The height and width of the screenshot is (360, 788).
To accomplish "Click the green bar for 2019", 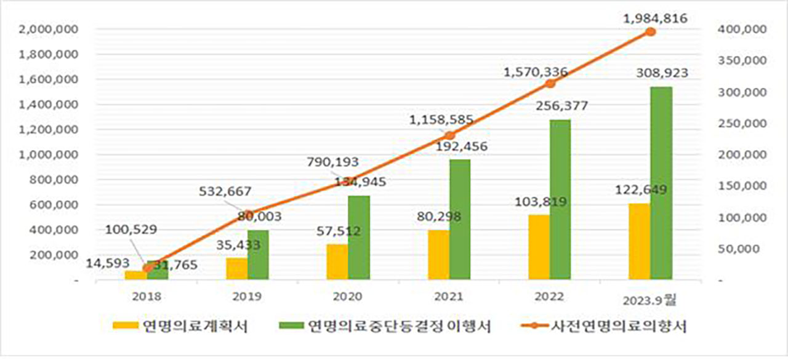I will pos(258,255).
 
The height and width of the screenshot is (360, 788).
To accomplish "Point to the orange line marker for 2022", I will pos(550,84).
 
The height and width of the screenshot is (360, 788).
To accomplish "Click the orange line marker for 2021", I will pos(449,135).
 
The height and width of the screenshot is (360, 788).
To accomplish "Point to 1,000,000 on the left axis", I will pos(50,154).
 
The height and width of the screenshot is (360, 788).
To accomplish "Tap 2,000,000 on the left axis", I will pos(50,29).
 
